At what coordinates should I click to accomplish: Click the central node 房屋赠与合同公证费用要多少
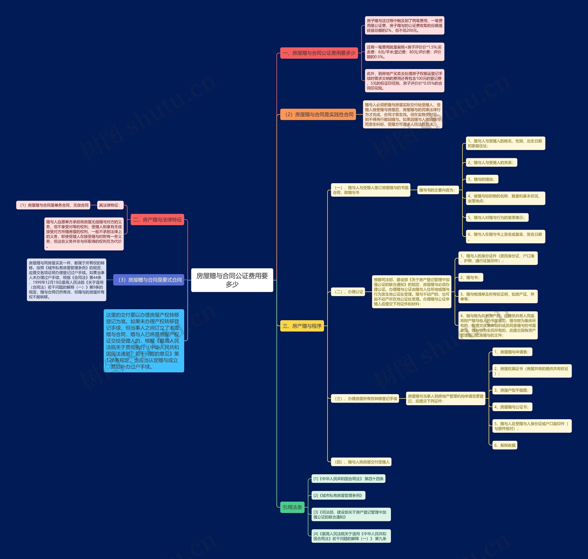tap(232, 280)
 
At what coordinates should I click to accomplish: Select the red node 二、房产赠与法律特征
tap(157, 220)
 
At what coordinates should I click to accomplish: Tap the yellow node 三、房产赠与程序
tap(302, 326)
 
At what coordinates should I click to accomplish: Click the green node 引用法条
tap(292, 507)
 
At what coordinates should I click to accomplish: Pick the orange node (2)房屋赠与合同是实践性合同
tap(318, 114)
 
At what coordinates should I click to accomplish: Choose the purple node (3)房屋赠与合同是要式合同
tap(149, 280)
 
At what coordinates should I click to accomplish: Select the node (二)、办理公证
tap(348, 292)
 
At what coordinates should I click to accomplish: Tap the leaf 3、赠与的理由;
tap(482, 179)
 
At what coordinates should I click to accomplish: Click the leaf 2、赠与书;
tap(471, 277)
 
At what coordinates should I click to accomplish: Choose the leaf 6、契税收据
tap(505, 445)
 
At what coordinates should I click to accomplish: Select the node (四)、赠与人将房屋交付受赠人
tap(361, 462)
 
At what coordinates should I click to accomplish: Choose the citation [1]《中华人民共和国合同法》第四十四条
tap(348, 479)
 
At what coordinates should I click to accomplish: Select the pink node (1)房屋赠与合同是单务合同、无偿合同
tap(53, 205)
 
